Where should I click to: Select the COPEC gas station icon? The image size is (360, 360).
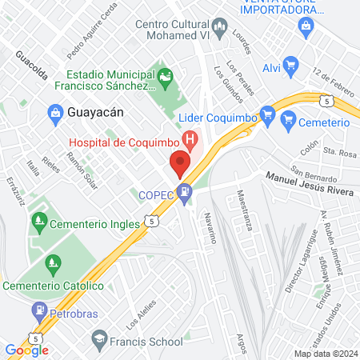click(186, 192)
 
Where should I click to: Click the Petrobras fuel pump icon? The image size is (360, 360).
click(38, 309)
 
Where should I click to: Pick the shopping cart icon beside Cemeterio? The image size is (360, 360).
click(289, 122)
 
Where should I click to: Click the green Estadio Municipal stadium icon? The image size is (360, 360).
click(165, 78)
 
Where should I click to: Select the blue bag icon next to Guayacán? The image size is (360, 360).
click(54, 113)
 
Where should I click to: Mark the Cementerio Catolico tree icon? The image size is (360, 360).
click(53, 262)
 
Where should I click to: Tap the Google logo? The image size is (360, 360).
click(26, 350)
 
